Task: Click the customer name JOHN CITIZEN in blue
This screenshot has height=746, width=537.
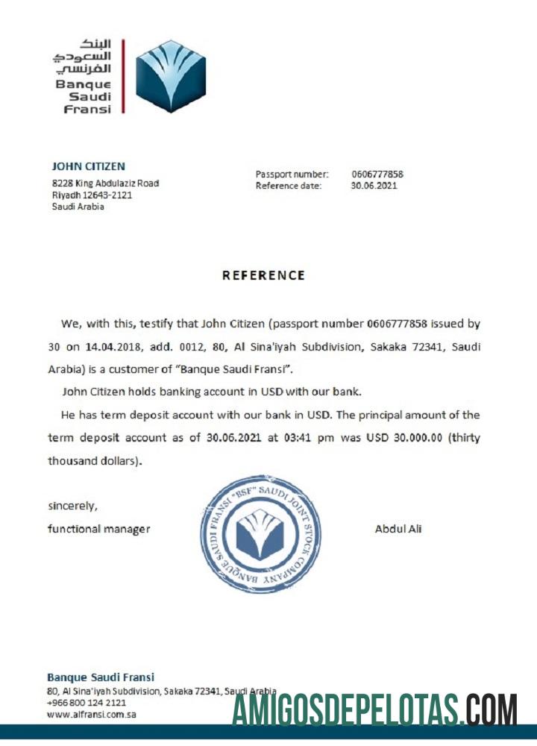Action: click(x=88, y=166)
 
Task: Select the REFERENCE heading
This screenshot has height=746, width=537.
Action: click(x=263, y=275)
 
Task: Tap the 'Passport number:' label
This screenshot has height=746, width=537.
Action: click(x=292, y=175)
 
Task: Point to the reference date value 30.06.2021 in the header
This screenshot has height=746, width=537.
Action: click(x=374, y=186)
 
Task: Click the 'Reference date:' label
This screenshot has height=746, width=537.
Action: click(x=289, y=186)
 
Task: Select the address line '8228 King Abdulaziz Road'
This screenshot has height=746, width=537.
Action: click(x=104, y=183)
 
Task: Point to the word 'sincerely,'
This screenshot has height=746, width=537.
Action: click(x=72, y=506)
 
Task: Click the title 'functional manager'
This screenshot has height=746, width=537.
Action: click(x=98, y=529)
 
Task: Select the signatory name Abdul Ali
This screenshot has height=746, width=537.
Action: click(x=398, y=529)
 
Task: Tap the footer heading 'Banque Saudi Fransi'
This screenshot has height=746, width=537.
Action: click(x=101, y=677)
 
